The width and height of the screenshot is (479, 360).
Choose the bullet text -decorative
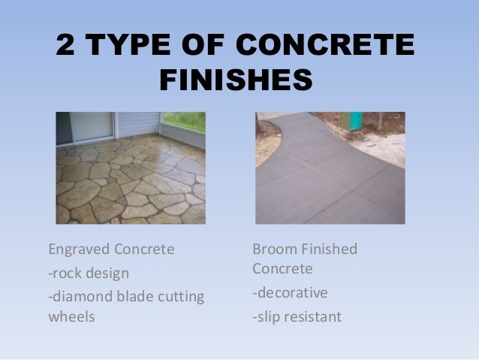290,292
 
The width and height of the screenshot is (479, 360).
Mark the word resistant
312,316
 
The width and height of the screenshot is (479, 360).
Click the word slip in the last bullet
267,316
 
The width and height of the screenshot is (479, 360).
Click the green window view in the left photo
185,121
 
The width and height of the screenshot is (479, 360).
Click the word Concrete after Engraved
146,249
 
